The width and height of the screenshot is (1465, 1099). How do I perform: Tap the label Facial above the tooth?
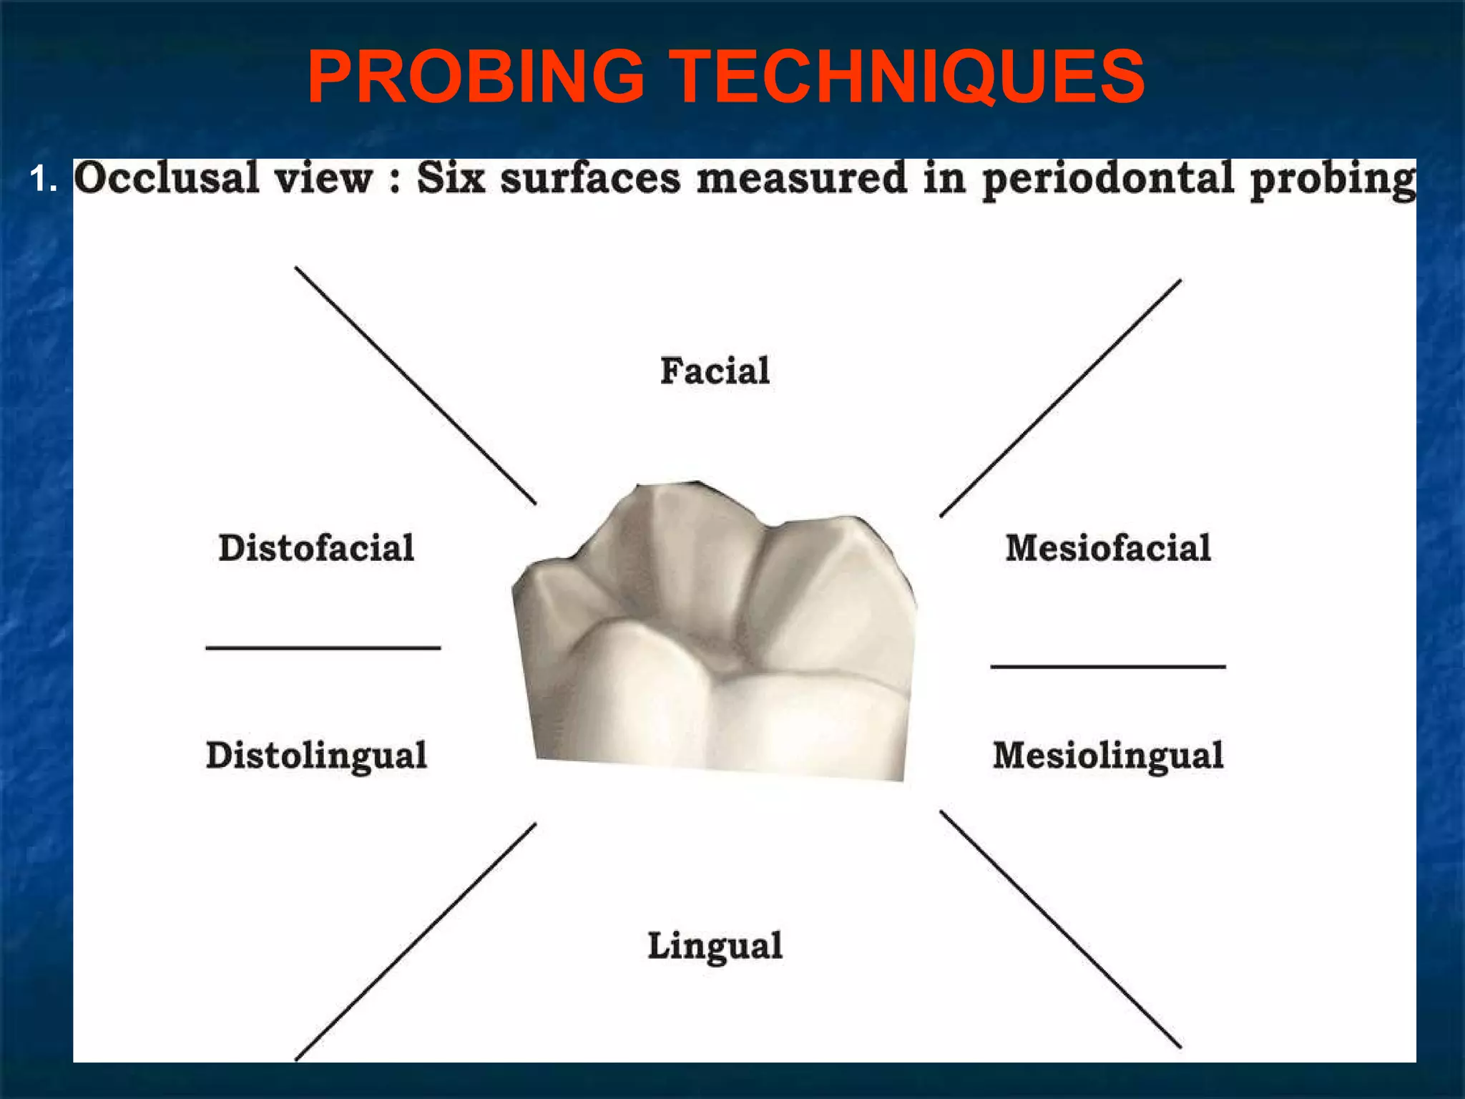(x=715, y=371)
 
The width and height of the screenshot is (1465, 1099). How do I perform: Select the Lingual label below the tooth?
(x=715, y=946)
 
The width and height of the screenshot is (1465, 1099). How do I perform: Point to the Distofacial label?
(x=316, y=548)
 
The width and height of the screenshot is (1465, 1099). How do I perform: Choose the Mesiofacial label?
(x=1108, y=548)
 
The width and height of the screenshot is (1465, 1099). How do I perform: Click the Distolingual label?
(x=316, y=756)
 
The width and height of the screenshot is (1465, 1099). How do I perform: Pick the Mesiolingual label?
(x=1108, y=756)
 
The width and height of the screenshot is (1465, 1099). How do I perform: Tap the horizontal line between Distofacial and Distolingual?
(x=323, y=648)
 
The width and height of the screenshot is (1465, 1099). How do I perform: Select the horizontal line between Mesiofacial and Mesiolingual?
(x=1108, y=667)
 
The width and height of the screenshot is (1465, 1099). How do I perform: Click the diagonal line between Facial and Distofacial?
(x=416, y=386)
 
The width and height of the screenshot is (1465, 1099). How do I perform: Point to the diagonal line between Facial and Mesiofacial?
(x=1060, y=398)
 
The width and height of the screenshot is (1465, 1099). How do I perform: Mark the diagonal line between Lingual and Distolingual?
(x=416, y=942)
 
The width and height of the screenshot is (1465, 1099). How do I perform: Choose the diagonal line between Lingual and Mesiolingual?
(x=1060, y=929)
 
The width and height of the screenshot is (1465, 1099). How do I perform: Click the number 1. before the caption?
(x=44, y=180)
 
